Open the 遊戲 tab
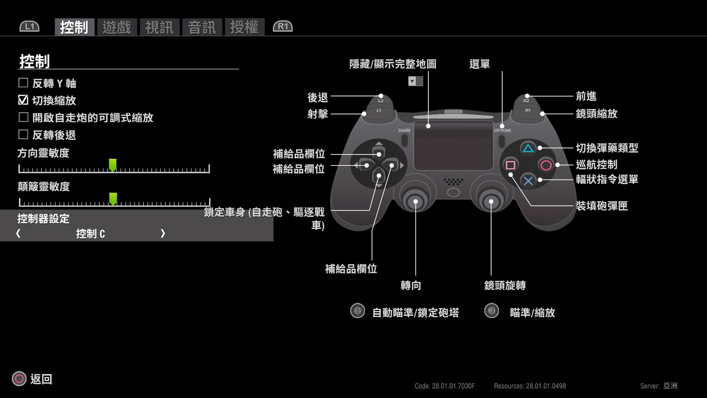point(117,27)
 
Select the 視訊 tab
point(159,27)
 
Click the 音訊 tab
point(202,27)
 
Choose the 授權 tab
point(245,27)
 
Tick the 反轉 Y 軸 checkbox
point(23,83)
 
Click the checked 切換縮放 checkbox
point(23,100)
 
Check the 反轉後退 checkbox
point(23,135)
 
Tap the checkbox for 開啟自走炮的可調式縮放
point(23,117)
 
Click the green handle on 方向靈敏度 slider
point(113,165)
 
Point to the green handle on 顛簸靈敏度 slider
point(113,199)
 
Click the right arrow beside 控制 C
point(163,233)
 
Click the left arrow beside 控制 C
point(18,233)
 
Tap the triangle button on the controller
point(528,149)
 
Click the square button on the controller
point(510,165)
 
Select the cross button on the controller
point(528,181)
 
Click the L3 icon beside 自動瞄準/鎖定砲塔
point(358,311)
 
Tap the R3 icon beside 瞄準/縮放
point(492,311)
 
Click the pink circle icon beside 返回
point(19,378)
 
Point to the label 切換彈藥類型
point(607,148)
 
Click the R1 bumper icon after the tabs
point(283,27)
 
